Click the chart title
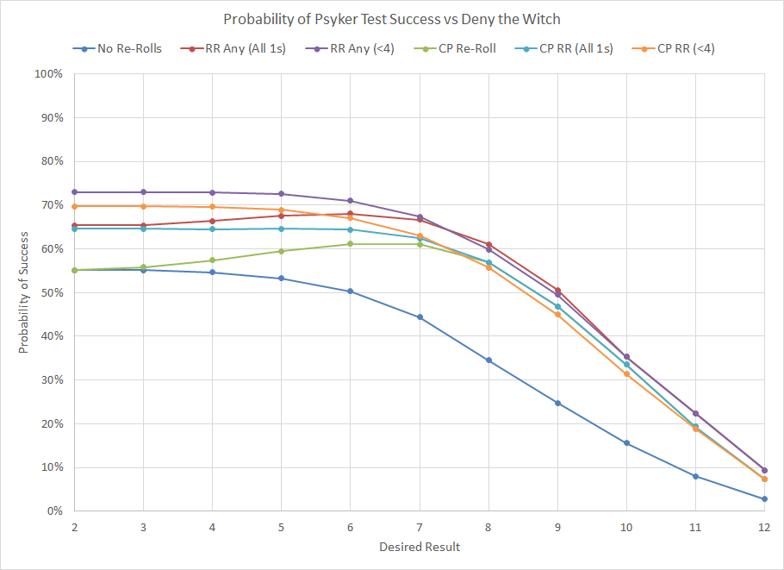(x=391, y=19)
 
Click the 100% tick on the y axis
(x=48, y=74)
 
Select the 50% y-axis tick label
(x=51, y=292)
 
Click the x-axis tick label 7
(x=419, y=526)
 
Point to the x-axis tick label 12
(x=763, y=526)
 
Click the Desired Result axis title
(x=419, y=547)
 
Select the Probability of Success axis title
(x=24, y=292)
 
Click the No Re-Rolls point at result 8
(x=488, y=360)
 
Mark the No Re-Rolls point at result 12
(x=764, y=499)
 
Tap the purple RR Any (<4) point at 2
(x=74, y=192)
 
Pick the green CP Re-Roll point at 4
(x=212, y=260)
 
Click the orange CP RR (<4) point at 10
(x=626, y=373)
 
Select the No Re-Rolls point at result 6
(x=350, y=291)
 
